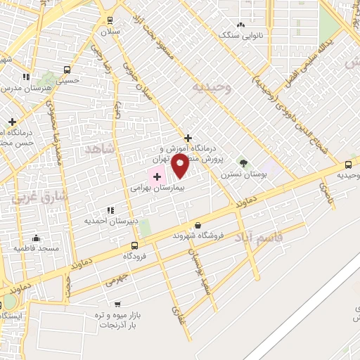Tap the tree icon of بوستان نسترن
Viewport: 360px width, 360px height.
click(243, 163)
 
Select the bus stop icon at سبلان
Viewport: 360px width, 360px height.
click(110, 21)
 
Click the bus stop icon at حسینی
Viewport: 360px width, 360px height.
click(67, 70)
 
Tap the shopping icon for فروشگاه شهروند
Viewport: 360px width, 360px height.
click(198, 225)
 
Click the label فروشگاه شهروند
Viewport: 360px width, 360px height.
click(199, 236)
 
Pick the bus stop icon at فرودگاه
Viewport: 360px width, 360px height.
click(134, 245)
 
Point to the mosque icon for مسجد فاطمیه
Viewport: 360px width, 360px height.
click(36, 238)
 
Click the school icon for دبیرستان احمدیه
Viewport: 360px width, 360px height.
click(110, 210)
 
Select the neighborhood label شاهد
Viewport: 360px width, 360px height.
click(98, 149)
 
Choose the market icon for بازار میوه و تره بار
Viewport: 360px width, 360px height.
click(117, 304)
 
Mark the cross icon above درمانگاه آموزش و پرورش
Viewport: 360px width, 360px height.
click(188, 138)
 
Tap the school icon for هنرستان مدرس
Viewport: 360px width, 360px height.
click(27, 77)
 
